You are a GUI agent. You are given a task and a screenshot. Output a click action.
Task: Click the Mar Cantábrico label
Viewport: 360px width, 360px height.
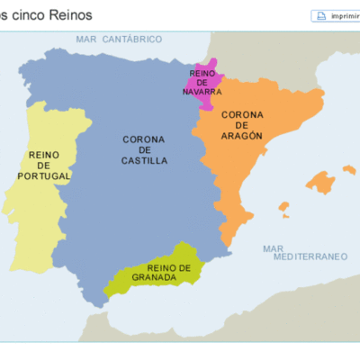pyautogui.click(x=120, y=39)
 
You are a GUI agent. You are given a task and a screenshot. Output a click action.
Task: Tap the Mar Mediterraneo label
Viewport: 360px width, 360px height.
pyautogui.click(x=305, y=253)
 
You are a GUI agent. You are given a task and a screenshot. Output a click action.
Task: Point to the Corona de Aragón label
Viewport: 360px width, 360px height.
pyautogui.click(x=241, y=125)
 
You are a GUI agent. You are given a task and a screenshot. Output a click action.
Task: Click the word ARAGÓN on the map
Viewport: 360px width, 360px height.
pyautogui.click(x=241, y=136)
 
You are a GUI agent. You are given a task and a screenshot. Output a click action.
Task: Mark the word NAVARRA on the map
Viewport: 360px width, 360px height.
pyautogui.click(x=202, y=91)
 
